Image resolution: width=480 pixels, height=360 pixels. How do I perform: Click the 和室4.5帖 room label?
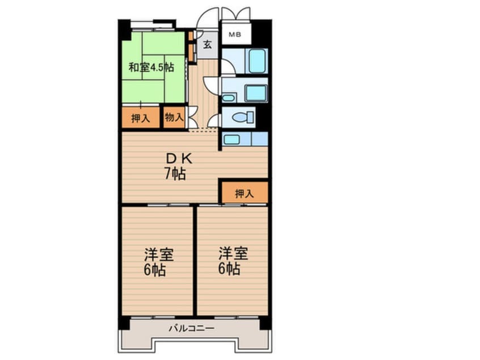pyautogui.click(x=150, y=67)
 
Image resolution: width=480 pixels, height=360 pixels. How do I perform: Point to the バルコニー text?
pyautogui.click(x=191, y=328)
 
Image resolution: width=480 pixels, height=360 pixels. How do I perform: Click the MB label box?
pyautogui.click(x=235, y=35)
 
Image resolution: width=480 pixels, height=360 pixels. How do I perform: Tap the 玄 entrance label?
pyautogui.click(x=208, y=44)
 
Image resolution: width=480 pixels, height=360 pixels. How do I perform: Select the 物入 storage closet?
pyautogui.click(x=174, y=118)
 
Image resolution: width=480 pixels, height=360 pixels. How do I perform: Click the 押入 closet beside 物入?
pyautogui.click(x=141, y=118)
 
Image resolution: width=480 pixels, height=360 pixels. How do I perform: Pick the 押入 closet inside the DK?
pyautogui.click(x=244, y=192)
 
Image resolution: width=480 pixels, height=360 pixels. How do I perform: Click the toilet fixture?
pyautogui.click(x=244, y=118)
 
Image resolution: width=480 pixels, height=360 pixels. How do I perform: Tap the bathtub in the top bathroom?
pyautogui.click(x=256, y=61)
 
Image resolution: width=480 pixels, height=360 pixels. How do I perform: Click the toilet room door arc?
pyautogui.click(x=214, y=119)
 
